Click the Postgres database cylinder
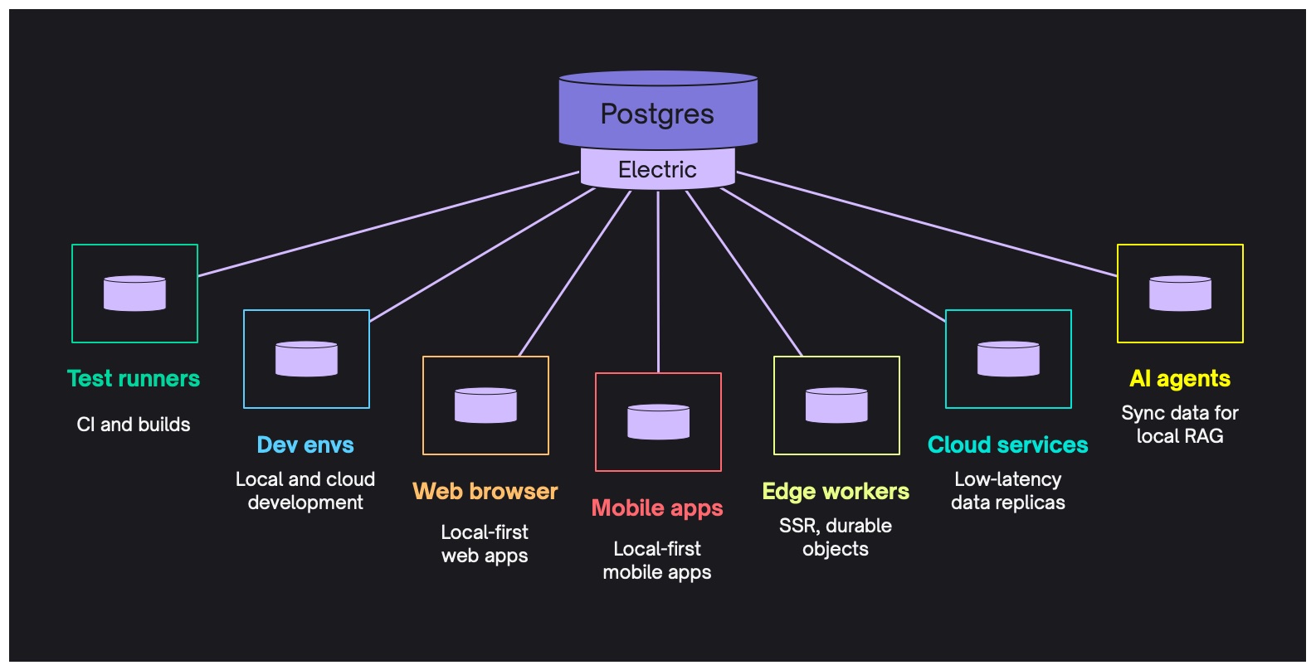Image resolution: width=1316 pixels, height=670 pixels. (657, 111)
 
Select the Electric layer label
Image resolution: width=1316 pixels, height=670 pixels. (657, 169)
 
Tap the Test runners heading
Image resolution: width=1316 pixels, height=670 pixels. (134, 379)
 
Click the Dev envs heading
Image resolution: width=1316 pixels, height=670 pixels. (305, 445)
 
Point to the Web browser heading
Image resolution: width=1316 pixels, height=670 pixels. (485, 491)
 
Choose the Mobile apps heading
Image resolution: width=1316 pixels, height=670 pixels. (657, 508)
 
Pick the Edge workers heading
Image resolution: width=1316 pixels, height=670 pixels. (836, 492)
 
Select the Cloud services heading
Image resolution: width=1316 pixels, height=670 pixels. (1007, 445)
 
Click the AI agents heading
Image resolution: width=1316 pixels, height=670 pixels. (1179, 379)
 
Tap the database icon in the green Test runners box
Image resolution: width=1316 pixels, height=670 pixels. (134, 294)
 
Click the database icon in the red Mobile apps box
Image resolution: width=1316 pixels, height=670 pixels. (658, 422)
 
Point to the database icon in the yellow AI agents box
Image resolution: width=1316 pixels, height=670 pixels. (1180, 294)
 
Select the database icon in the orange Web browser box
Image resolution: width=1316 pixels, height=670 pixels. (485, 405)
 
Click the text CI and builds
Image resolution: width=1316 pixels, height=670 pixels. (134, 425)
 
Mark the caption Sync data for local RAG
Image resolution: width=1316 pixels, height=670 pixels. (1179, 425)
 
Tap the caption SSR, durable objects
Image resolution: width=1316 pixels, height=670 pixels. (836, 537)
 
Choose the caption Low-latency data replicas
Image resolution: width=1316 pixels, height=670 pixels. (1007, 491)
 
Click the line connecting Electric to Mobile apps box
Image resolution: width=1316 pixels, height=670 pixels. (658, 282)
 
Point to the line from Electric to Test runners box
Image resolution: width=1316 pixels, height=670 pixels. (388, 224)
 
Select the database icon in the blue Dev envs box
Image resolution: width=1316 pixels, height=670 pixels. (306, 359)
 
